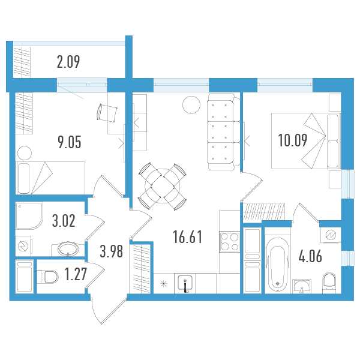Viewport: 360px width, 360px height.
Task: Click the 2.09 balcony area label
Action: (x=68, y=62)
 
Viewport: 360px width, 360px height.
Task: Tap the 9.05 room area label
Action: (x=70, y=142)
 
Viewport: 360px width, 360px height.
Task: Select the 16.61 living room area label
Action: (x=188, y=237)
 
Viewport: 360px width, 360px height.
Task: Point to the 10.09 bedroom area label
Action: (x=293, y=140)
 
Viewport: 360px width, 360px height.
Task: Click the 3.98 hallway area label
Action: (x=112, y=251)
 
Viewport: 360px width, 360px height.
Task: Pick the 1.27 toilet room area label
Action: (x=76, y=274)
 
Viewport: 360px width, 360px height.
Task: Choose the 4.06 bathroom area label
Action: (x=310, y=256)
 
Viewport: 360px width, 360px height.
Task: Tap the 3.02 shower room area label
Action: (x=64, y=221)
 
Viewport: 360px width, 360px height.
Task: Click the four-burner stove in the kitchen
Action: (x=229, y=242)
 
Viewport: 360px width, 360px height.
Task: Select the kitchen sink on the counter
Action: (x=185, y=283)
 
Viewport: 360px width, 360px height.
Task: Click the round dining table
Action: (x=163, y=186)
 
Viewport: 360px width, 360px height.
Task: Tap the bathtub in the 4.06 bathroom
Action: (x=277, y=265)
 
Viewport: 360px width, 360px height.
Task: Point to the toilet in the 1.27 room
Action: (x=47, y=277)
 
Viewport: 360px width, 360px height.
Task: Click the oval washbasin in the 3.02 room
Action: (x=68, y=248)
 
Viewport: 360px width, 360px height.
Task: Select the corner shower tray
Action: (x=29, y=216)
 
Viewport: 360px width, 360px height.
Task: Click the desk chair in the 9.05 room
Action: (x=107, y=113)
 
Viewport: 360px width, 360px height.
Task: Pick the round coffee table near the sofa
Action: (x=191, y=104)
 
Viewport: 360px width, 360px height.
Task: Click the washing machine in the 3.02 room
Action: (x=23, y=246)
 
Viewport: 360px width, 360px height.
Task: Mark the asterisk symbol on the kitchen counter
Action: (x=163, y=284)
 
